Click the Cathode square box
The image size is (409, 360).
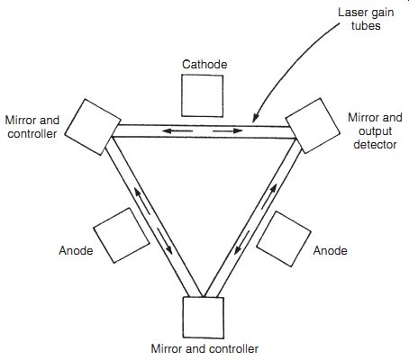(x=202, y=95)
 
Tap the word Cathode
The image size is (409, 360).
(x=204, y=64)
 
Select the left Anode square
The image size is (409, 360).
(x=122, y=236)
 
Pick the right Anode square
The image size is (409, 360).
(x=284, y=238)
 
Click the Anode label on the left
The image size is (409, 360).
(x=76, y=250)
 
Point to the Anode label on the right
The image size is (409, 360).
(x=330, y=250)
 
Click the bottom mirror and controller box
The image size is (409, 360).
(x=204, y=318)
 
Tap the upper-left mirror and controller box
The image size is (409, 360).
(x=93, y=127)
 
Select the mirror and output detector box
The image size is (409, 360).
(x=313, y=126)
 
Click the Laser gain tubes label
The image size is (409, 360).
(x=366, y=19)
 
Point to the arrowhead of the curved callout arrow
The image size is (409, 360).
(x=255, y=120)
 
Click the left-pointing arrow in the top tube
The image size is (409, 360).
(x=177, y=130)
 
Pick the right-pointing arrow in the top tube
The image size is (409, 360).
(x=228, y=130)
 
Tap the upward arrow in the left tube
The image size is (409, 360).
(x=141, y=201)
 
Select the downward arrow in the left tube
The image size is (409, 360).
(x=165, y=241)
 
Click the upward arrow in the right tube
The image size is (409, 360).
(x=268, y=196)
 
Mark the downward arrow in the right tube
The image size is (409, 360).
(x=242, y=242)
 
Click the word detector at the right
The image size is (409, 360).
(x=375, y=144)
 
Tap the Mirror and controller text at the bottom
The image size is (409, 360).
(x=204, y=348)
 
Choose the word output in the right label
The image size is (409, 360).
(x=375, y=131)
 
